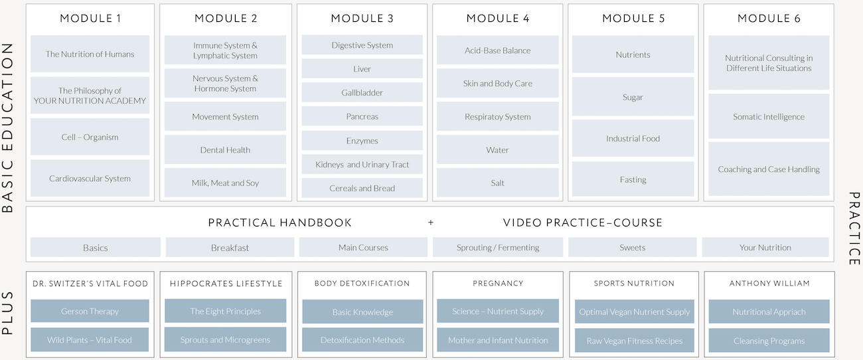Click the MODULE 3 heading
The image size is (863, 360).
362,19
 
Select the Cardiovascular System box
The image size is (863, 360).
90,178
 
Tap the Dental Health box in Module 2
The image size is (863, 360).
225,150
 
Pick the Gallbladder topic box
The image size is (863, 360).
362,93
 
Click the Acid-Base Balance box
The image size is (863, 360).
497,50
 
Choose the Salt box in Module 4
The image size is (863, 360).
497,183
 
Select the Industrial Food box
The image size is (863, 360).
633,139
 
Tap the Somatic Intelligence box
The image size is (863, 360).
769,117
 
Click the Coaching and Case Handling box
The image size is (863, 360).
769,169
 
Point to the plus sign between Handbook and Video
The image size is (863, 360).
431,223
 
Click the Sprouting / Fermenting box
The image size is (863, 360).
497,248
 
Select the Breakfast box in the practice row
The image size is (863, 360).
230,248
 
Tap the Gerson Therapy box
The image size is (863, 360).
90,312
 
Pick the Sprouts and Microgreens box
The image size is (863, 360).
225,340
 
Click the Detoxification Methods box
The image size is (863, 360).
362,340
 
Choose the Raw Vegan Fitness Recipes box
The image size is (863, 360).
634,341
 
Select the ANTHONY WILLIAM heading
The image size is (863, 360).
769,284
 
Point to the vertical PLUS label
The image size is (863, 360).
8,312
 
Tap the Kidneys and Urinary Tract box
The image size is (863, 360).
362,165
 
